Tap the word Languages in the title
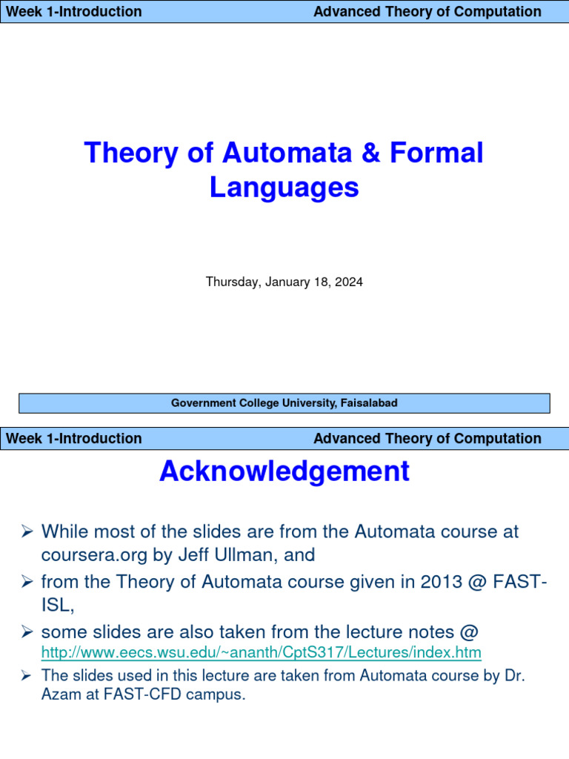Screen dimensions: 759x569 [284, 187]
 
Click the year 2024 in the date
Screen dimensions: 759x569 [349, 282]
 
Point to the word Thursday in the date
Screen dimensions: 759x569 [230, 282]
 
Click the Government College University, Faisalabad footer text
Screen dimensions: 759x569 [284, 403]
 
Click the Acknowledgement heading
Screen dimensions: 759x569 [284, 471]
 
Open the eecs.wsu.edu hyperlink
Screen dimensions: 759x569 [261, 653]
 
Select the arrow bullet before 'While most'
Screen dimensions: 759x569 [27, 531]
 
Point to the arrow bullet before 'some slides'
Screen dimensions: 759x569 [27, 632]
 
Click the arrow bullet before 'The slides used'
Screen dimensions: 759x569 [25, 675]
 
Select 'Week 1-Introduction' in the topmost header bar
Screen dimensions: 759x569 [73, 11]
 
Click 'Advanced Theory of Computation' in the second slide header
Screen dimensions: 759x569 [427, 438]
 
